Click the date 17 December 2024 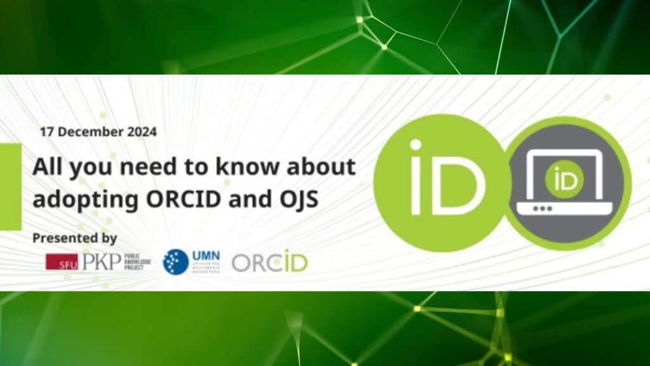tap(98, 132)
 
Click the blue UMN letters tap(205, 256)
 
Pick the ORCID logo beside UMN tap(269, 262)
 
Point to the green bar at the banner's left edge tap(10, 186)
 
